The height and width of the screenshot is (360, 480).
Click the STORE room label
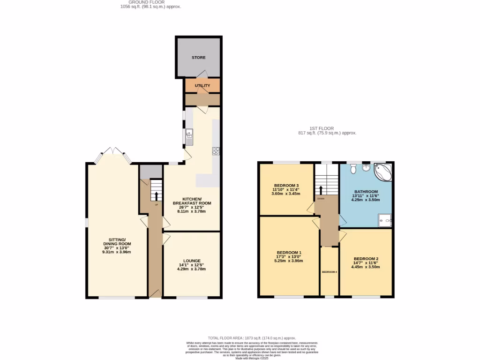click(x=198, y=58)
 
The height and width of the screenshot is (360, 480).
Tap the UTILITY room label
click(x=202, y=86)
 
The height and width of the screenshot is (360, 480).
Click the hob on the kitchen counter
click(x=216, y=151)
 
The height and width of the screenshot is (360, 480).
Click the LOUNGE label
click(x=192, y=261)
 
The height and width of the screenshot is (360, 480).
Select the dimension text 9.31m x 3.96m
click(x=117, y=252)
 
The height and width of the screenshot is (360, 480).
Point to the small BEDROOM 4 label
click(x=330, y=272)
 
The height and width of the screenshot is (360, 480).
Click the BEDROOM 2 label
click(x=366, y=259)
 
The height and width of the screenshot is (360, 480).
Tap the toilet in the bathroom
click(x=353, y=167)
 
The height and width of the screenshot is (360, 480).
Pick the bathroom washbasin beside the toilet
click(x=366, y=167)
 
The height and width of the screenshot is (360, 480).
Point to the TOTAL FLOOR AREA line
click(x=252, y=338)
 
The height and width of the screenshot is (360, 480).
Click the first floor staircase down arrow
click(x=321, y=189)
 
